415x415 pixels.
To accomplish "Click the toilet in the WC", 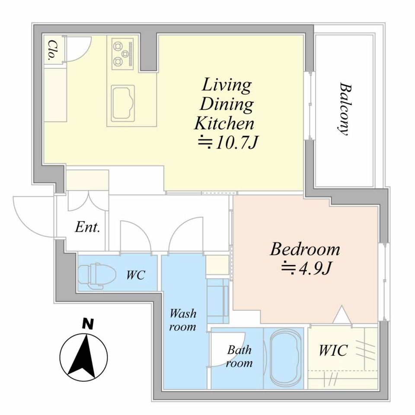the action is [x=97, y=276].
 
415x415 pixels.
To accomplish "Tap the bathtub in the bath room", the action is [x=286, y=358].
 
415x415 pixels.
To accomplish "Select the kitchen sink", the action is [x=123, y=103].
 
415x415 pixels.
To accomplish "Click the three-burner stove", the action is [x=122, y=54].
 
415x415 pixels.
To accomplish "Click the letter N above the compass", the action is [x=88, y=324].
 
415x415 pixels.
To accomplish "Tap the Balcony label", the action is [x=345, y=109].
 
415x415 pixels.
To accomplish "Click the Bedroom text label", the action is [x=305, y=249].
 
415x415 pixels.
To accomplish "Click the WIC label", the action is [x=333, y=350].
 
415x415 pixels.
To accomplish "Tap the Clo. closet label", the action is [x=53, y=51].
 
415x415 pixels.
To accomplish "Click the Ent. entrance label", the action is [x=87, y=227].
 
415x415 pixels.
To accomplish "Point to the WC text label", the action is [x=135, y=275].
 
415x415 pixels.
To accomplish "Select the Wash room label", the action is [x=183, y=320].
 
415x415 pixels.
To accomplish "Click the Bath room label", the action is [x=239, y=356].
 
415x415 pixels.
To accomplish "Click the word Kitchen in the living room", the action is [x=224, y=123].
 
